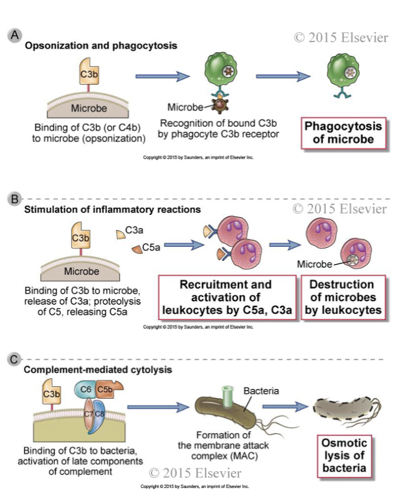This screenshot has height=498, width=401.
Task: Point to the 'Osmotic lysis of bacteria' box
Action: tap(345, 453)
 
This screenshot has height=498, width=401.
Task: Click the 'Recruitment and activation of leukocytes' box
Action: tap(226, 296)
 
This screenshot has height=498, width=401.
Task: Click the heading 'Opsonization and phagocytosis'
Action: tap(101, 45)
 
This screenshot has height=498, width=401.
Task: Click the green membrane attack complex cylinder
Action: tap(227, 396)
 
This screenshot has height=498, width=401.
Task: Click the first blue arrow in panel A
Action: tap(163, 76)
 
